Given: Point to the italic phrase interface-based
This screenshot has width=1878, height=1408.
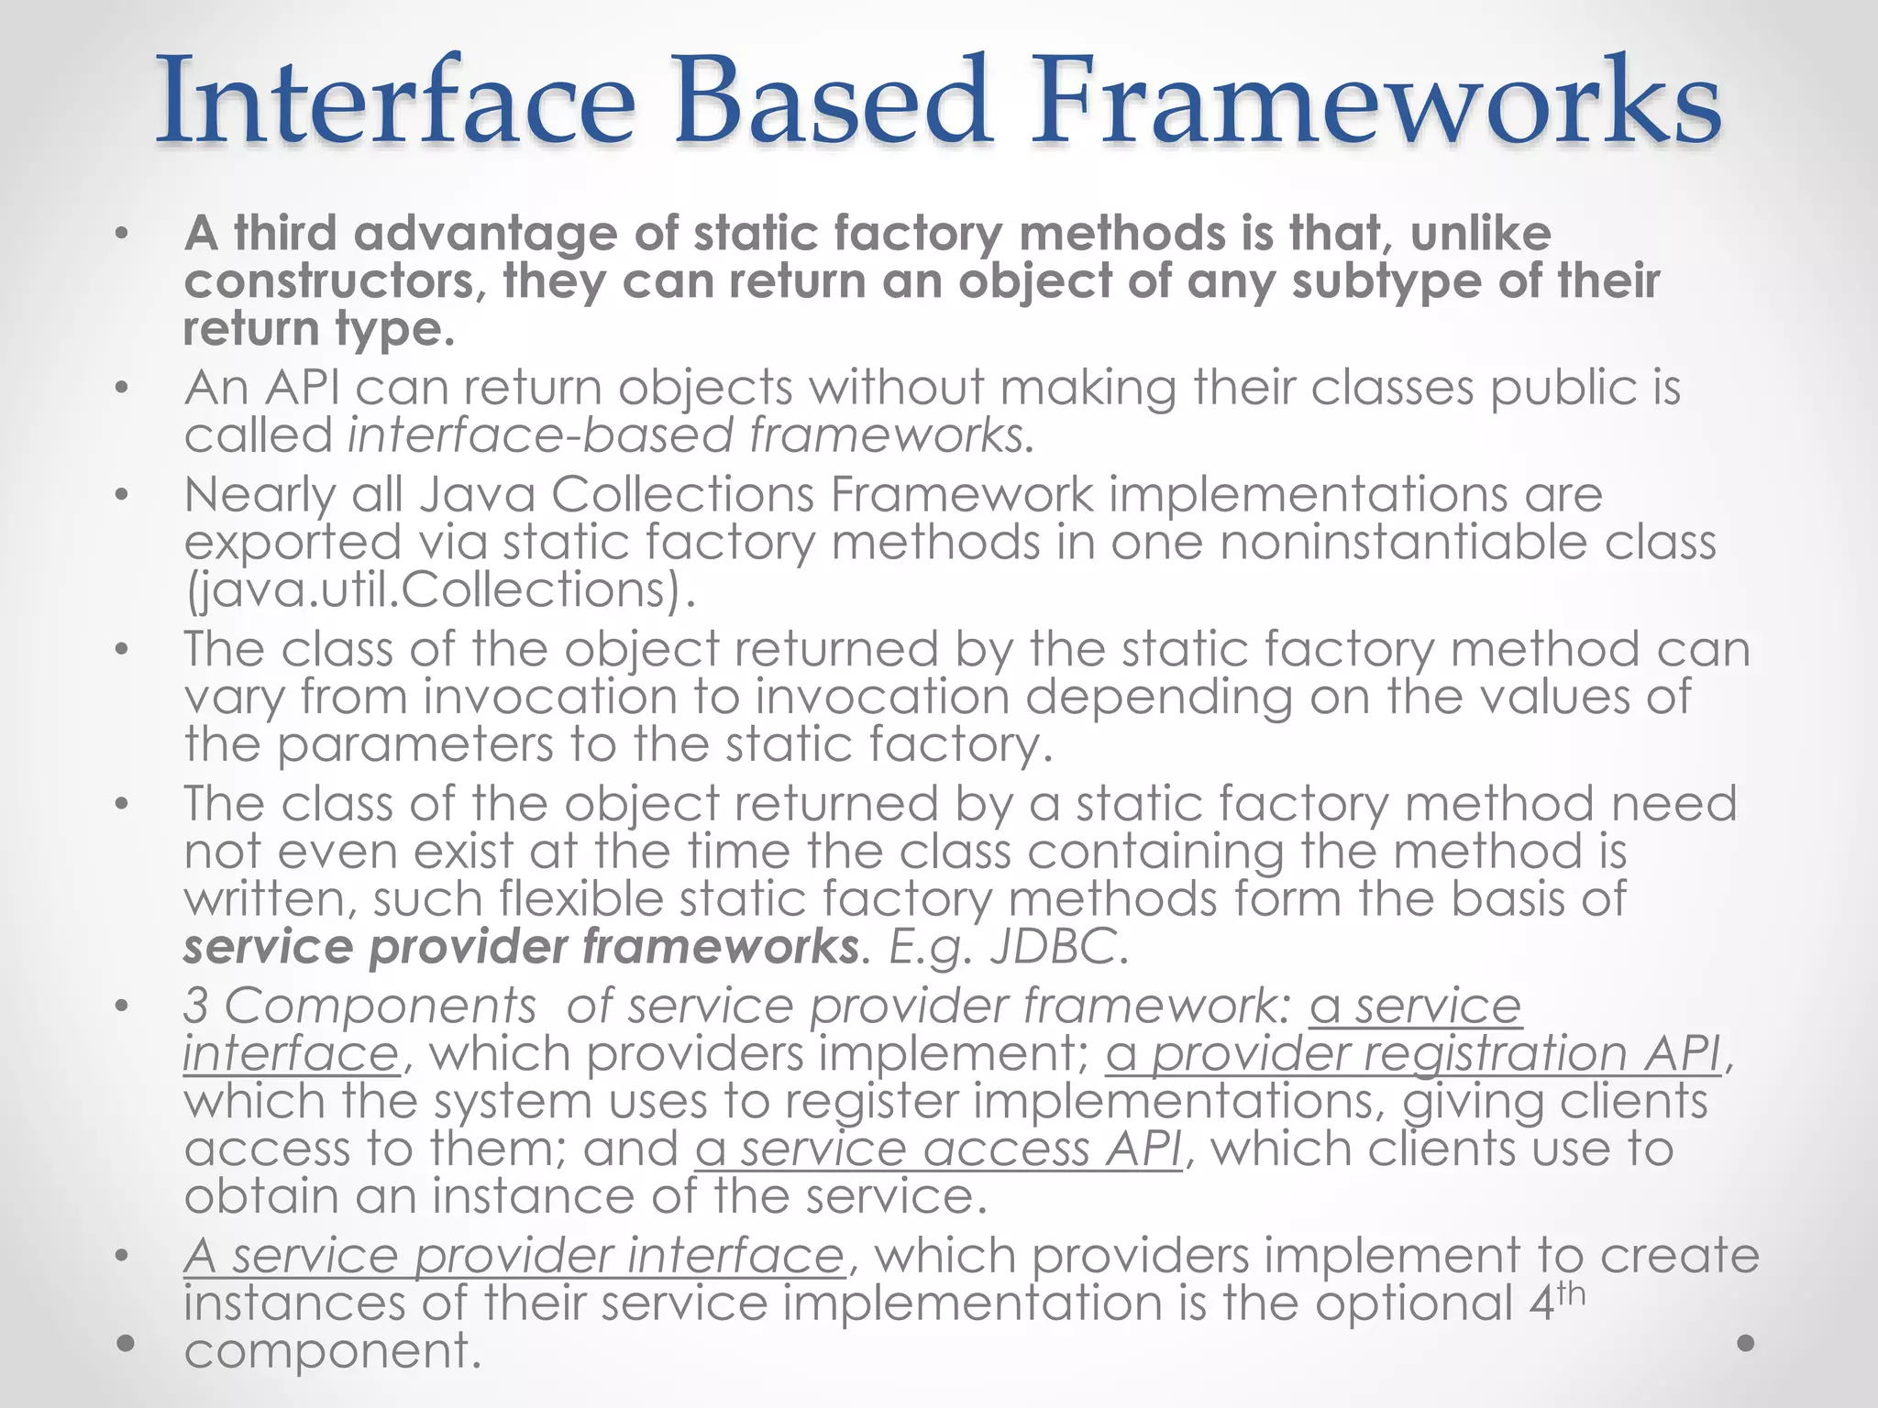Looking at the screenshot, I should tap(540, 434).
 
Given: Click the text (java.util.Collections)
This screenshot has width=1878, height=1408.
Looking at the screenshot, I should tap(440, 589).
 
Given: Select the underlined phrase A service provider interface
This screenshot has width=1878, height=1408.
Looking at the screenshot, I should tap(513, 1256).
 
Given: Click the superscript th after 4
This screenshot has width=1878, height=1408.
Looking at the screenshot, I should tap(1571, 1292).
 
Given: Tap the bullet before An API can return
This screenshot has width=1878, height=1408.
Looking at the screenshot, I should tap(122, 389).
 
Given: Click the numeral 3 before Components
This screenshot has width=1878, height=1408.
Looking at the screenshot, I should tap(195, 1006).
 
